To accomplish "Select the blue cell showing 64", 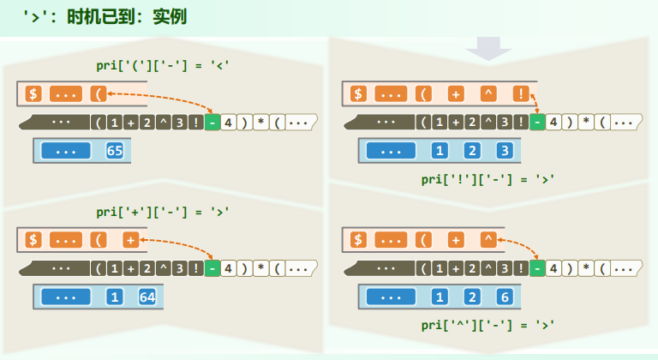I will pyautogui.click(x=147, y=298).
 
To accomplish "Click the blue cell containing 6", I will pyautogui.click(x=504, y=298).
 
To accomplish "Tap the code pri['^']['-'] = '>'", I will pyautogui.click(x=488, y=325).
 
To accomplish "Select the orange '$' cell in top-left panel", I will pyautogui.click(x=33, y=94).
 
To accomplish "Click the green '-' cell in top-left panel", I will pyautogui.click(x=212, y=123).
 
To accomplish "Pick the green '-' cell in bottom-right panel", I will pyautogui.click(x=536, y=268).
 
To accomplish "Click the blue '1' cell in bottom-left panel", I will pyautogui.click(x=115, y=298).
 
